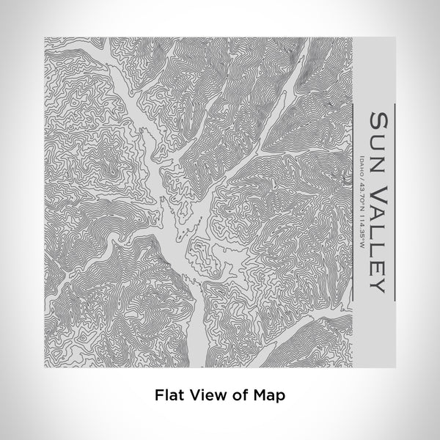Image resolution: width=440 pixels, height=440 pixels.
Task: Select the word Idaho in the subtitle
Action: point(362,165)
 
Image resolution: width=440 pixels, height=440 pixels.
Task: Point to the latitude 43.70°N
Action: point(362,195)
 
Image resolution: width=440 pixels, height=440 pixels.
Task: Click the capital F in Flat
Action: point(158,395)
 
